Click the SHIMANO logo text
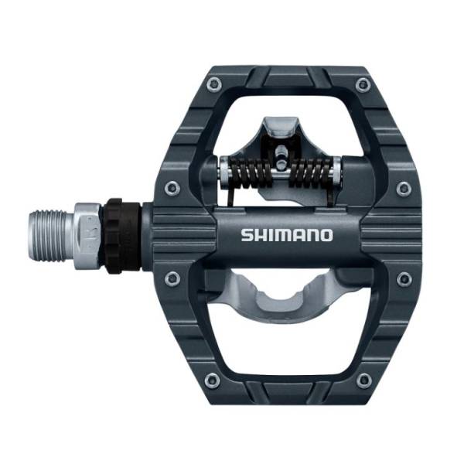tap(287, 235)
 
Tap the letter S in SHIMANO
tap(247, 235)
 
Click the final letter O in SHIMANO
tap(326, 235)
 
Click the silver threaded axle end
tap(52, 236)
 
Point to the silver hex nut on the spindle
tap(88, 236)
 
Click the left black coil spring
tap(250, 174)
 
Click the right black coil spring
tap(312, 174)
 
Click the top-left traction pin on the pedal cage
tap(214, 84)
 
